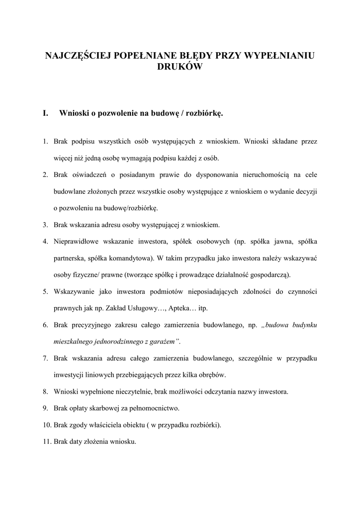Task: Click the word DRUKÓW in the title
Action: point(180,67)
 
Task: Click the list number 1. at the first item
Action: point(45,142)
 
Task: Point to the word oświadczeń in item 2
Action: point(88,174)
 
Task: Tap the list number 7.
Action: point(45,358)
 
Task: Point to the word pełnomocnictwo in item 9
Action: point(154,408)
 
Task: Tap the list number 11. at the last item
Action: point(46,441)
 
